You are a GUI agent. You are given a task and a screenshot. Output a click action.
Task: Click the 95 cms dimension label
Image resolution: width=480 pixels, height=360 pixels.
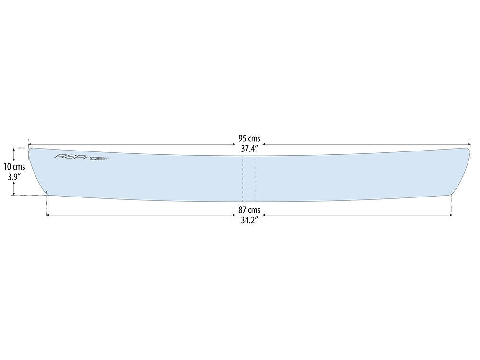[249, 139]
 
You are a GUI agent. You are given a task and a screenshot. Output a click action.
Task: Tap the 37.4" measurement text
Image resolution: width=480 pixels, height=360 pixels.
[249, 149]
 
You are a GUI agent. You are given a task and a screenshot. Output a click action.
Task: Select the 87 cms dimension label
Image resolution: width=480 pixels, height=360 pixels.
[249, 210]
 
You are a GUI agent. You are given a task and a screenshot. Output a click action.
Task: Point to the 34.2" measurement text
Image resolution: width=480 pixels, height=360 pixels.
[249, 221]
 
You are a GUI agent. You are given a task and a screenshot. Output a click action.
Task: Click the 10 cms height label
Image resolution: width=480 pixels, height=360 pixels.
[14, 167]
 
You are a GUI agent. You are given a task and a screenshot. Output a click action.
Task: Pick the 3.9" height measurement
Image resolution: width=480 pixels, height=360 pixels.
[14, 177]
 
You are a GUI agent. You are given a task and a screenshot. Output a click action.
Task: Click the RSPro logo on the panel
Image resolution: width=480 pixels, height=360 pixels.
[82, 157]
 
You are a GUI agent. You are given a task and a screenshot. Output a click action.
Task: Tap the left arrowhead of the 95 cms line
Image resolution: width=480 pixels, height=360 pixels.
[30, 144]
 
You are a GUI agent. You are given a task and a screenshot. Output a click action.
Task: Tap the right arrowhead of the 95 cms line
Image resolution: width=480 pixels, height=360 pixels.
[469, 144]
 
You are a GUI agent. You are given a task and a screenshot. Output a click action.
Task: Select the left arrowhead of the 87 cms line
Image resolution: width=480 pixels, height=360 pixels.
[48, 215]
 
